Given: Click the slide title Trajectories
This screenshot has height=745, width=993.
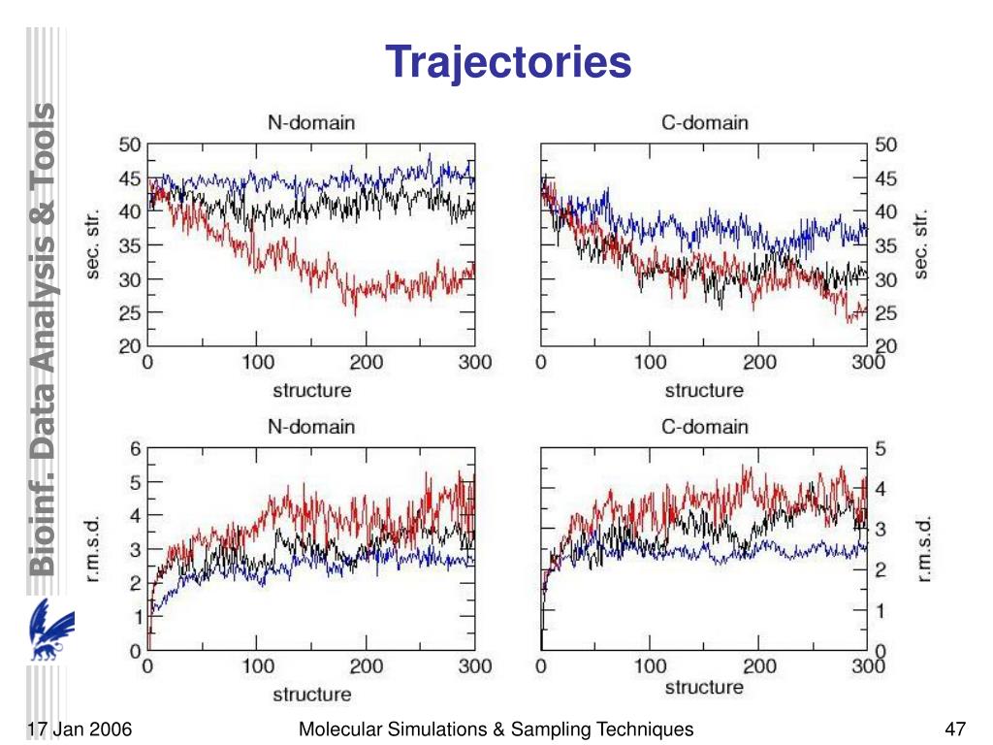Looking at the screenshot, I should (509, 62).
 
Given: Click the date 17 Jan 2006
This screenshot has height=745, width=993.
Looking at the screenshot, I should (80, 729).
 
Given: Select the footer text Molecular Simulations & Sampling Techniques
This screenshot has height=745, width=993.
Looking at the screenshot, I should (496, 729).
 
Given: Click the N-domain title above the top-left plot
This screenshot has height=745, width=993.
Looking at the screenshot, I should (310, 122).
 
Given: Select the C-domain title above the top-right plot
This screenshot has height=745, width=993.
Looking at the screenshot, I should (703, 122).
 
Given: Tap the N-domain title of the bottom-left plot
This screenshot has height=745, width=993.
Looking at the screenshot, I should (310, 426).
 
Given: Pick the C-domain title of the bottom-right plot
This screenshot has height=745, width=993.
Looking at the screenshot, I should (703, 426).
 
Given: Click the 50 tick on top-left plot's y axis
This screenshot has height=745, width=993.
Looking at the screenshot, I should (130, 145).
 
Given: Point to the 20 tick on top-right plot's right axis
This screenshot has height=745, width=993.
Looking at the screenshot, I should (886, 346).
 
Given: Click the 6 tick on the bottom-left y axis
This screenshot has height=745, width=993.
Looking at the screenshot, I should (136, 448).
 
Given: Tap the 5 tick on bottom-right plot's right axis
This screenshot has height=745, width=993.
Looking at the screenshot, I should (881, 448).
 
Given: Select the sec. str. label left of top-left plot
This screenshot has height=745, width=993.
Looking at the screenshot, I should (94, 245).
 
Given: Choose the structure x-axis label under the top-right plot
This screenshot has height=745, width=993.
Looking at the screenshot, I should (703, 391).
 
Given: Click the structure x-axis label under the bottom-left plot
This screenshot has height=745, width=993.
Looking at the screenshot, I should (311, 695).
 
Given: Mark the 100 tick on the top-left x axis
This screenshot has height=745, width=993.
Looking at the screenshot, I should (257, 363).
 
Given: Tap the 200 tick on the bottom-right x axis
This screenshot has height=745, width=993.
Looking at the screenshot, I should (759, 666).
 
